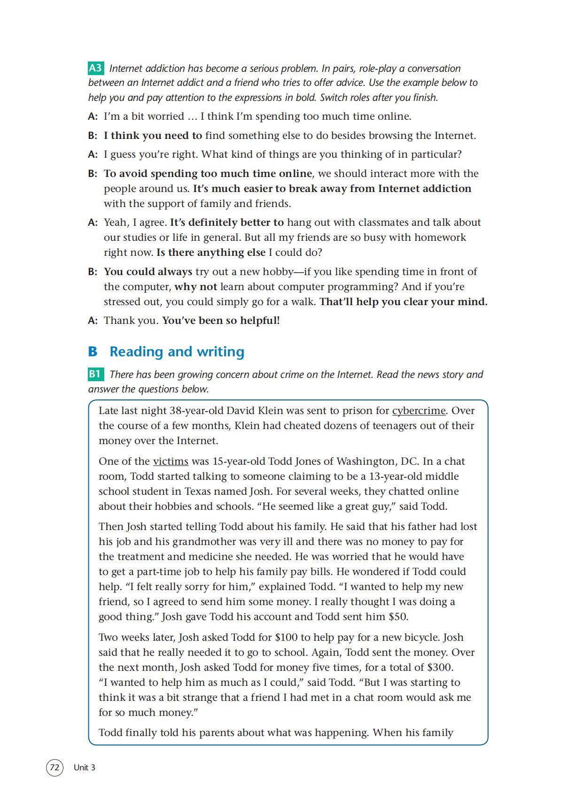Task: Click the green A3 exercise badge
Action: click(95, 68)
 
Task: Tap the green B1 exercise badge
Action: click(95, 374)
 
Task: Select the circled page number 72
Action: click(54, 768)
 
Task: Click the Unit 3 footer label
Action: click(85, 768)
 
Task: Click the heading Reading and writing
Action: click(177, 352)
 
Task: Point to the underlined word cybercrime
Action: click(419, 411)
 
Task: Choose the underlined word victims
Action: click(171, 461)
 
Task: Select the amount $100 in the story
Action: click(286, 637)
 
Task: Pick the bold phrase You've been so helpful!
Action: click(221, 321)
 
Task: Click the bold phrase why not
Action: click(195, 287)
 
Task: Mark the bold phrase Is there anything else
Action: click(211, 253)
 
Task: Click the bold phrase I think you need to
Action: click(153, 136)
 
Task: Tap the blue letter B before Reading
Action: click(93, 352)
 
